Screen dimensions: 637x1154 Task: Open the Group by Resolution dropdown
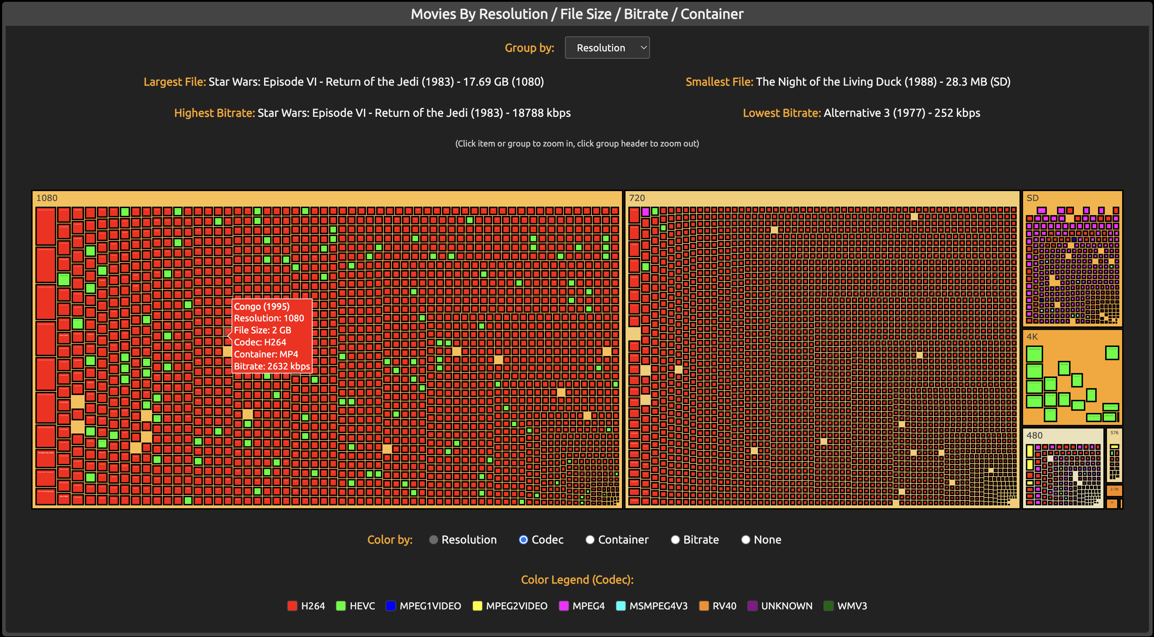[x=607, y=48]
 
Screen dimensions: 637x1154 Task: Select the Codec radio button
[x=523, y=540]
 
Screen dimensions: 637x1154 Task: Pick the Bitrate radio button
[x=675, y=540]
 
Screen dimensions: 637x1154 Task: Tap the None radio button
[x=745, y=540]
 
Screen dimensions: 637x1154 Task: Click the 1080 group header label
[x=47, y=198]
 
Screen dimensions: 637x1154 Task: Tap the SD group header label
[x=1032, y=198]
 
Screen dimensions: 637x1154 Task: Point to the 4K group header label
[x=1032, y=337]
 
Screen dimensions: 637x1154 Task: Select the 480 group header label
[x=1034, y=435]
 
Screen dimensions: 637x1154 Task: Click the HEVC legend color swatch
[x=341, y=606]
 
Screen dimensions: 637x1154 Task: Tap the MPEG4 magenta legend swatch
[x=564, y=606]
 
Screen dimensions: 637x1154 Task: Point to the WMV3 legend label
[x=852, y=606]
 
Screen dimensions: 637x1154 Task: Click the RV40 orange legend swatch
[x=704, y=606]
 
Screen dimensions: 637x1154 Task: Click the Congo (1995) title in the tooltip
[x=262, y=306]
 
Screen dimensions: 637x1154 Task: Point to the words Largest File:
[x=174, y=82]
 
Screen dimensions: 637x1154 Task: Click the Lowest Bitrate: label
[x=782, y=113]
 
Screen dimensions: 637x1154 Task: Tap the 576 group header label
[x=1114, y=433]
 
